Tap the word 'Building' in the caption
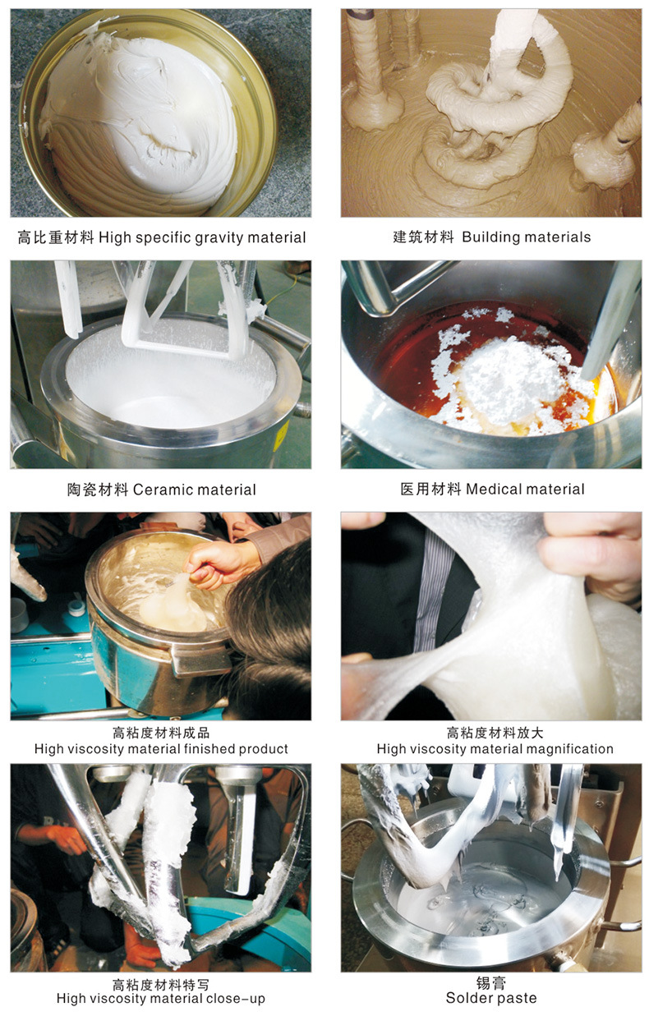coord(491,237)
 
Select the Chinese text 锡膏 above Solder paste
coord(490,983)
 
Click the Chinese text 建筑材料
coord(423,237)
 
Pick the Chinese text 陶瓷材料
coord(98,490)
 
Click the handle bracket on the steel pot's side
coord(200,659)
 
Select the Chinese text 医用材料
coord(430,490)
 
